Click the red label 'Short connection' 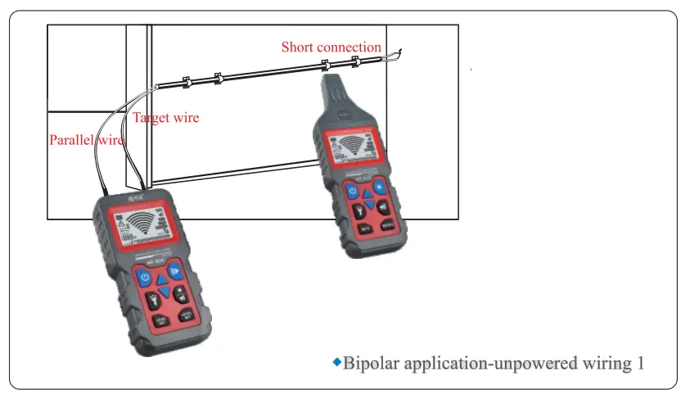[x=331, y=47]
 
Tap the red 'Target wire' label [x=165, y=118]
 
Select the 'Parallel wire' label [x=86, y=139]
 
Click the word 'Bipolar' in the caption [x=369, y=363]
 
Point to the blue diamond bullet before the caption [x=336, y=361]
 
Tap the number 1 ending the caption [x=640, y=363]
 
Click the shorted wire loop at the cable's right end [x=395, y=56]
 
